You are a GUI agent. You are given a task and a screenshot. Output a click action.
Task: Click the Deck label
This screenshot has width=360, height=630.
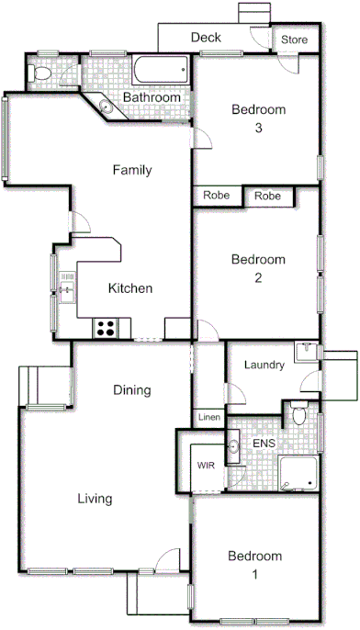[207, 38]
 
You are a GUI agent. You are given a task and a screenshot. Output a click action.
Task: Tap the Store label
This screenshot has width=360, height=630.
[294, 40]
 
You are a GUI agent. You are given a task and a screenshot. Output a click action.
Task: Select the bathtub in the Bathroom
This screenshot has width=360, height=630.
[162, 70]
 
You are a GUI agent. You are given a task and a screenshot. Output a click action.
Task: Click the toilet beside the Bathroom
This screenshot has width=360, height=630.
[40, 73]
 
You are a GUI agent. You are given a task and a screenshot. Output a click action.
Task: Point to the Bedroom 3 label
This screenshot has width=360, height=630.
[258, 118]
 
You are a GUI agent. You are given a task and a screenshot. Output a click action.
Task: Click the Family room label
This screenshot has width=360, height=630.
[131, 170]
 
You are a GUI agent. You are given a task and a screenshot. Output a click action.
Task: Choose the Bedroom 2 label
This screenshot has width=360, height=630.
[258, 268]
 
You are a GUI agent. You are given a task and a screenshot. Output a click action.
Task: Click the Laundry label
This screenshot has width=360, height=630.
[264, 365]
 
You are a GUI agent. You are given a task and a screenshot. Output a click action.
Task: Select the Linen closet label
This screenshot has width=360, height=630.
[208, 417]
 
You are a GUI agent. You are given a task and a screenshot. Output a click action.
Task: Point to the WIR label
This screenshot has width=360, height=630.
[204, 465]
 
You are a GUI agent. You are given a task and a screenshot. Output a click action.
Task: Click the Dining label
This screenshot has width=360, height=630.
[131, 390]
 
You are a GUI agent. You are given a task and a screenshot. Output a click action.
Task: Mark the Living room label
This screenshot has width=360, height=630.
[95, 500]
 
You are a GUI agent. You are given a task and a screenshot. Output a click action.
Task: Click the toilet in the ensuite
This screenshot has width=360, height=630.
[298, 416]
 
